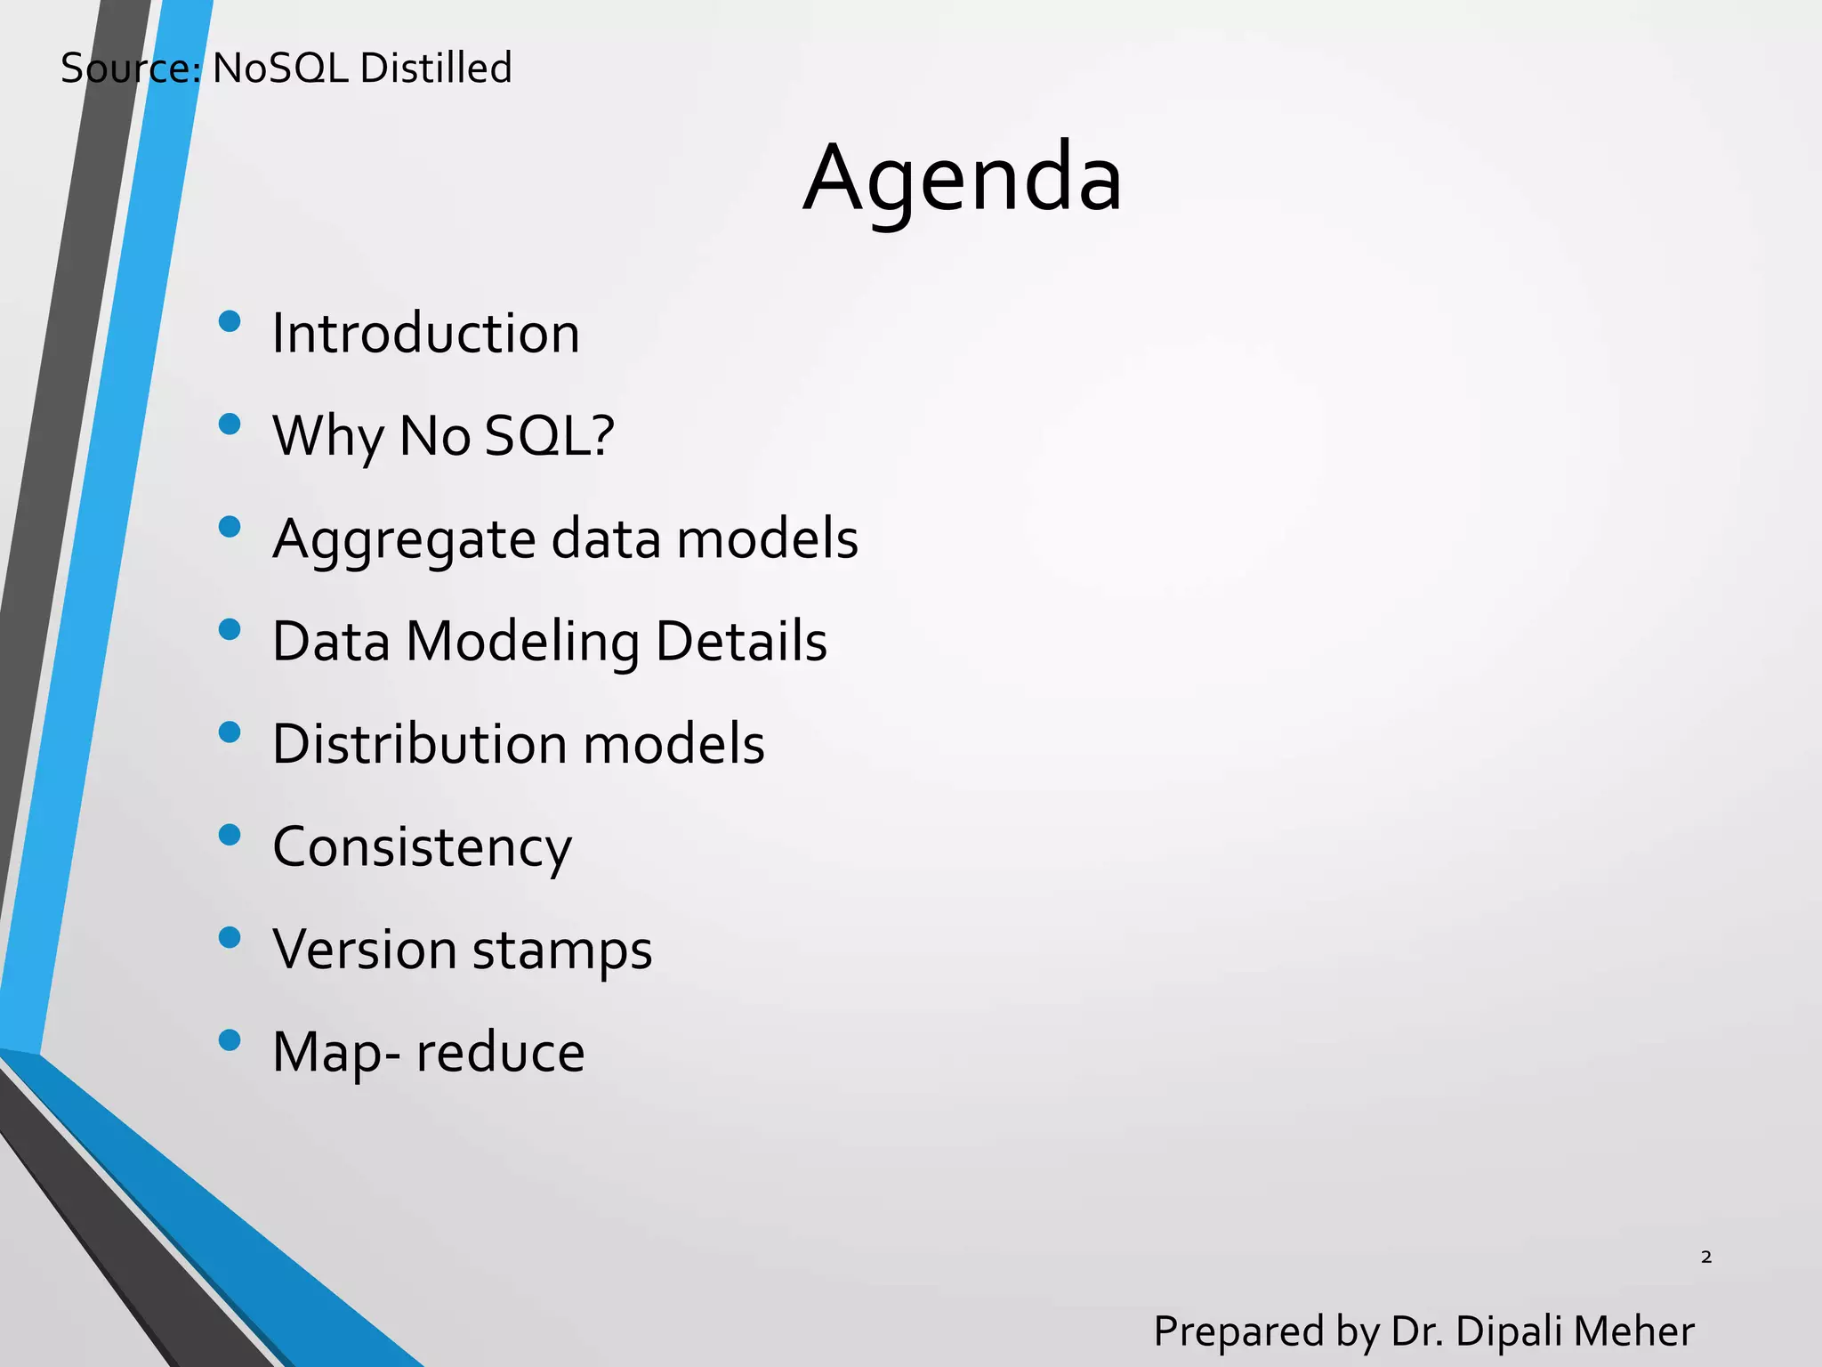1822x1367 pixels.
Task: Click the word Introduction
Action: (x=425, y=334)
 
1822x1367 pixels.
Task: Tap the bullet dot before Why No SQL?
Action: (x=230, y=424)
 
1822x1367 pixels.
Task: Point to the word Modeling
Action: (x=522, y=643)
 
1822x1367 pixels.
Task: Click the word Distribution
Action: (x=419, y=744)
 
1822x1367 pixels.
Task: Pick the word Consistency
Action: (x=422, y=847)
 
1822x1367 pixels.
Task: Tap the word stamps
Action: (x=562, y=950)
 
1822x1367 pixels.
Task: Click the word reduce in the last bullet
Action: (x=500, y=1053)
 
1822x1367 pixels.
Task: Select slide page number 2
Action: (x=1705, y=1257)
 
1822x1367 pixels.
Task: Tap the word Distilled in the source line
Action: (x=436, y=69)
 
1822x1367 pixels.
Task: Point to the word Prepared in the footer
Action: (x=1238, y=1332)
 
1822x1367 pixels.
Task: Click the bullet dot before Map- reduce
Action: (x=230, y=1039)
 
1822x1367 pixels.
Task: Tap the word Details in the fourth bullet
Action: (x=740, y=642)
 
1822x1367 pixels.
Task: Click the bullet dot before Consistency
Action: (x=230, y=835)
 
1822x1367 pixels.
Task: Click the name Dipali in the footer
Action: (x=1509, y=1331)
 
